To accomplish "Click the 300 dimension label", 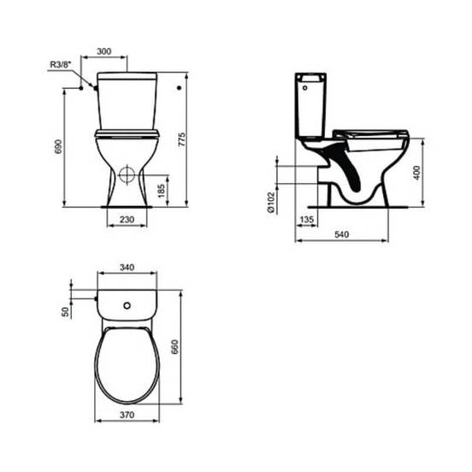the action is tap(103, 51).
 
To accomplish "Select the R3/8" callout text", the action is tap(60, 64).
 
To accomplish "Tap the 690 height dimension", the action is tap(58, 146).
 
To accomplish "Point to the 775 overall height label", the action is tap(182, 139).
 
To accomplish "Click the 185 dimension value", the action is tap(162, 191).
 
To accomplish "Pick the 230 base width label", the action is tap(127, 220).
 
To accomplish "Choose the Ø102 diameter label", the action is tap(271, 203).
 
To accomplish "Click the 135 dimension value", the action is tap(307, 220).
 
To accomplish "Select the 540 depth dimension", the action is tap(342, 234).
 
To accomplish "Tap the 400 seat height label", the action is tap(417, 173).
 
